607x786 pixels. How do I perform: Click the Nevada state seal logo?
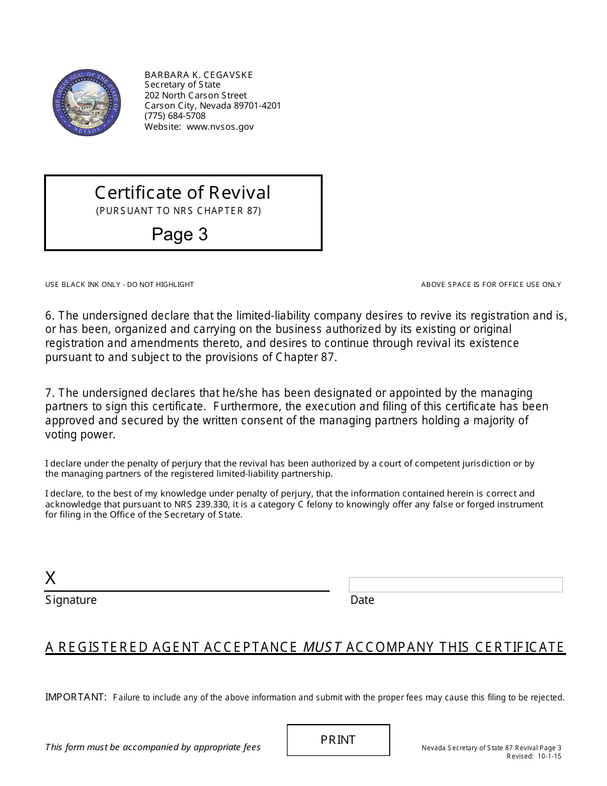pyautogui.click(x=86, y=102)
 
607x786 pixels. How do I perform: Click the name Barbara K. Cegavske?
pyautogui.click(x=199, y=75)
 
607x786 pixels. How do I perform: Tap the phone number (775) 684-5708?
pyautogui.click(x=175, y=116)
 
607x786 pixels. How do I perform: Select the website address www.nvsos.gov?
pyautogui.click(x=220, y=127)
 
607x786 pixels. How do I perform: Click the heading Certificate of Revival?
pyautogui.click(x=183, y=192)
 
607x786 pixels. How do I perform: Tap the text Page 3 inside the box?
pyautogui.click(x=180, y=235)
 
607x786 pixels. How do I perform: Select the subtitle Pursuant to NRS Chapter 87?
pyautogui.click(x=179, y=211)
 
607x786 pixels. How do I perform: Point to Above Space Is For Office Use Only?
pyautogui.click(x=491, y=284)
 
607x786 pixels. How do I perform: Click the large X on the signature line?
pyautogui.click(x=50, y=578)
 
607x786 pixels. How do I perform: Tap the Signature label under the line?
pyautogui.click(x=71, y=600)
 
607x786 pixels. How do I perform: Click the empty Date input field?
pyautogui.click(x=456, y=585)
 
